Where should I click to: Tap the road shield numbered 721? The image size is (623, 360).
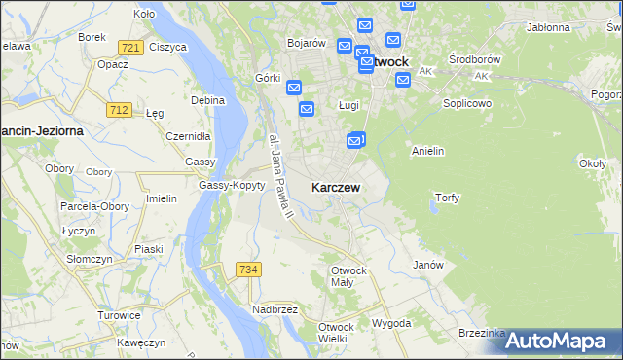(128, 47)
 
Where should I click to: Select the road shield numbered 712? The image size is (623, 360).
(120, 110)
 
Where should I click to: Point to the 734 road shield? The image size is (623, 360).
(247, 269)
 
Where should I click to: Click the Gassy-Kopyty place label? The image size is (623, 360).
(232, 185)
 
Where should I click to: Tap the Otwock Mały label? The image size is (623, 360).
(348, 275)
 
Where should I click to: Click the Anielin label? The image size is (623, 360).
(428, 151)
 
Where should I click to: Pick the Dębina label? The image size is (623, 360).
(208, 100)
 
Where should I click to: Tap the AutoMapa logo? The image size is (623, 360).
(563, 341)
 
